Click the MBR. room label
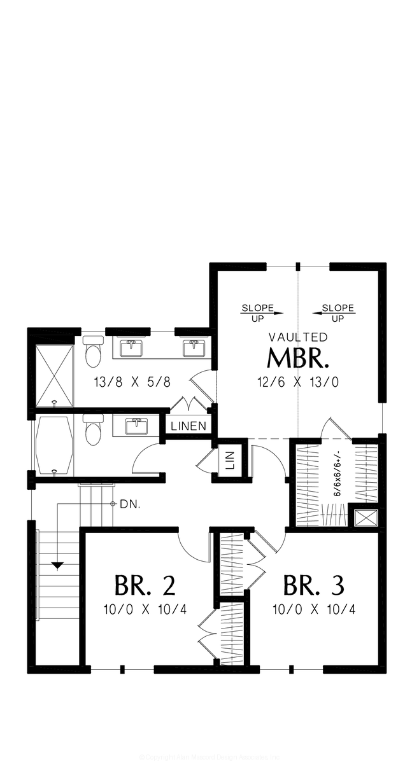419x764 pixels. click(298, 359)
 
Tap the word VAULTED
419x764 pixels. click(298, 337)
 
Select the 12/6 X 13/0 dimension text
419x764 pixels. click(298, 382)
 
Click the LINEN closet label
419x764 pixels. click(189, 426)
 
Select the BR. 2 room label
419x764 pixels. click(145, 583)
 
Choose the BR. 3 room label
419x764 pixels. click(313, 583)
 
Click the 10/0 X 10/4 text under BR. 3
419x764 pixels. click(313, 609)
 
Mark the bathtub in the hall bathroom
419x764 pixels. click(53, 445)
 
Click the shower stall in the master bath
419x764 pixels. click(53, 375)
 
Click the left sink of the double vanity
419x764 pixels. click(132, 349)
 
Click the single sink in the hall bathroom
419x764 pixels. click(137, 425)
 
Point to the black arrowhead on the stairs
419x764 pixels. click(58, 565)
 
